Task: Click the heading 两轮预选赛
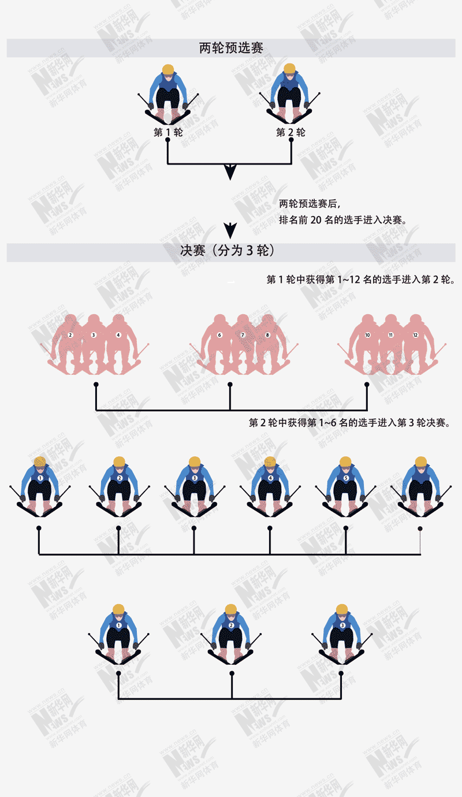(231, 49)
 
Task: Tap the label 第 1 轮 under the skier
(168, 133)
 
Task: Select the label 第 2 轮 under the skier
(290, 133)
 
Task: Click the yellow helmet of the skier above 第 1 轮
(168, 70)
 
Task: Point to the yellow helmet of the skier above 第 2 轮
(290, 70)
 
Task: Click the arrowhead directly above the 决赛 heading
(230, 230)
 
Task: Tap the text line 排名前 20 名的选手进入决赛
(343, 219)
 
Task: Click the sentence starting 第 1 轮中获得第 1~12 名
(360, 280)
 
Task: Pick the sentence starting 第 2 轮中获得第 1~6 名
(349, 423)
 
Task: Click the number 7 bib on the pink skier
(243, 335)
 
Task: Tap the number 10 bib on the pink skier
(367, 335)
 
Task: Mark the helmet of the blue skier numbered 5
(345, 461)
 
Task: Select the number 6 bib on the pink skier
(219, 335)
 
